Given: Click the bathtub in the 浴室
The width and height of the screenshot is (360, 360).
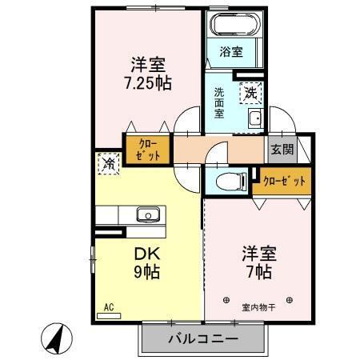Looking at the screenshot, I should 231,25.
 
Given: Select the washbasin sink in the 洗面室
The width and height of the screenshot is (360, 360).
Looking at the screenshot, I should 255,121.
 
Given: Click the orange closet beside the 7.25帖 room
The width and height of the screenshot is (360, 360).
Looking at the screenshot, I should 147,149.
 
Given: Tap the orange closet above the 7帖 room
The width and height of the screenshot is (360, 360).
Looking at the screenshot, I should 285,182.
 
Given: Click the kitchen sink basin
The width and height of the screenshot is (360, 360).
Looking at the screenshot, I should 147,214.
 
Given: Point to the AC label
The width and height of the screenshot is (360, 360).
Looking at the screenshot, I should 109,306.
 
